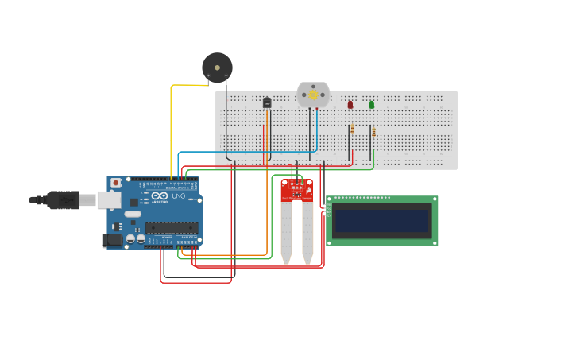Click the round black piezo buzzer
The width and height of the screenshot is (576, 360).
216,68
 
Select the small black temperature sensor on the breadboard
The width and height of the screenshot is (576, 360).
267,102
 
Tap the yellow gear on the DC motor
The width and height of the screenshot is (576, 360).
313,95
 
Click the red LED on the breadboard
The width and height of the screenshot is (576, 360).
350,104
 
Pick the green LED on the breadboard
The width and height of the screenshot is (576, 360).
371,104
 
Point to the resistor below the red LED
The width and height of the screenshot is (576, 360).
352,129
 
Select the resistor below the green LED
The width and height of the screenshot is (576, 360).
373,132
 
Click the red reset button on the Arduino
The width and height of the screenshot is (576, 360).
116,183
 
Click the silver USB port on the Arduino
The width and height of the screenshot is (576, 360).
109,199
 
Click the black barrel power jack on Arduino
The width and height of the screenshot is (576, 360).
114,238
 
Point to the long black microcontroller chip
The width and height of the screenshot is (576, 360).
171,227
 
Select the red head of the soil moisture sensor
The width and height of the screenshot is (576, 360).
297,190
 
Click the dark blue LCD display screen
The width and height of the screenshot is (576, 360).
382,220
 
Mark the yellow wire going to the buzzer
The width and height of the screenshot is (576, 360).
172,127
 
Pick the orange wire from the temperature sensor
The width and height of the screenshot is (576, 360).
267,199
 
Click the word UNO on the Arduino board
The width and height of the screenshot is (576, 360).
179,196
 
